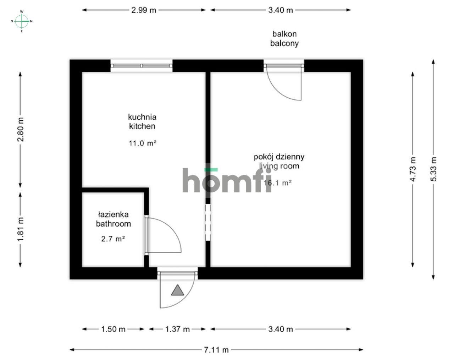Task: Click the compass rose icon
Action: tap(22, 21)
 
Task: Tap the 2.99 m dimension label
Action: tap(144, 10)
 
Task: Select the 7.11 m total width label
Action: tap(216, 350)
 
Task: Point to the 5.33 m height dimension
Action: tap(433, 169)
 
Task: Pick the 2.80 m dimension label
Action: tap(21, 129)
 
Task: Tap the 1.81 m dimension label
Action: tap(21, 229)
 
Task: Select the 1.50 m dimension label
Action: tap(113, 329)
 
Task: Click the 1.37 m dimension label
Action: tap(177, 329)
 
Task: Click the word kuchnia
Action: tap(142, 117)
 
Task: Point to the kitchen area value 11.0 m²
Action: tap(143, 143)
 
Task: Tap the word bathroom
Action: tap(113, 224)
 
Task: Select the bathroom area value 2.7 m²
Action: tap(113, 239)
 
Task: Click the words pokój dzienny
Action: tap(279, 157)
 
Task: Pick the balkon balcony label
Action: tap(284, 39)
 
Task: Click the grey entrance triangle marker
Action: tap(178, 290)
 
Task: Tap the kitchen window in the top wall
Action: tap(142, 66)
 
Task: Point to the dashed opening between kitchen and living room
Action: tap(208, 222)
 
